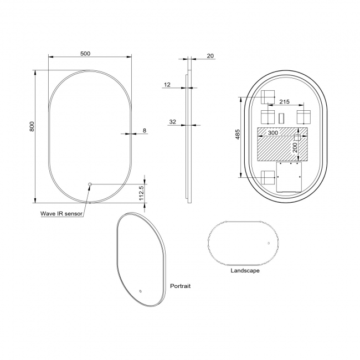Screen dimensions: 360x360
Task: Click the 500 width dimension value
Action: click(x=85, y=54)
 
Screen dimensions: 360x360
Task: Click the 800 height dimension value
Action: click(x=32, y=126)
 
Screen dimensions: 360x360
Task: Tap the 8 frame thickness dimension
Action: click(x=145, y=130)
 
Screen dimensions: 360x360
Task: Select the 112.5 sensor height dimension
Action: click(x=141, y=193)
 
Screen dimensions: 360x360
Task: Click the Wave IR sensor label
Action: click(x=61, y=214)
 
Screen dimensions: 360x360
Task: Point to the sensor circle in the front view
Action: click(x=90, y=184)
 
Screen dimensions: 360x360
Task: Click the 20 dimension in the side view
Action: click(x=210, y=56)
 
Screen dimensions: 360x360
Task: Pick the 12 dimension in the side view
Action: click(x=167, y=85)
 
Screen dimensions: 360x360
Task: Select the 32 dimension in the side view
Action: click(x=173, y=122)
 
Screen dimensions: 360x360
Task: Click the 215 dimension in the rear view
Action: click(x=285, y=101)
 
